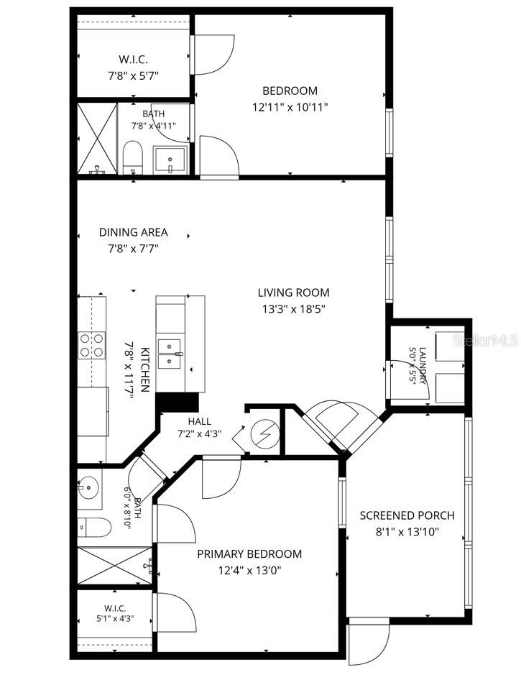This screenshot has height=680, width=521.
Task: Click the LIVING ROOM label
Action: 293,293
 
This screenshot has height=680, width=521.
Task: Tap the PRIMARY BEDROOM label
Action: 249,553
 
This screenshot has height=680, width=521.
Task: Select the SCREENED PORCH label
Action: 407,515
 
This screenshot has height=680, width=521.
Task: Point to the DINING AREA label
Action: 133,232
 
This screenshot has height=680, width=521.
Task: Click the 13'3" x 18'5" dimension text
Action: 293,309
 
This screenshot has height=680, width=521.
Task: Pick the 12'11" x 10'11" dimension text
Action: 290,107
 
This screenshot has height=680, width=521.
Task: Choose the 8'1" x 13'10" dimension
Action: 407,532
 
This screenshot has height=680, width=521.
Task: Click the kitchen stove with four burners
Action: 92,345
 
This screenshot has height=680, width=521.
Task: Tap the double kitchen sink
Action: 170,354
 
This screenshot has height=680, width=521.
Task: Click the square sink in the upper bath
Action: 170,160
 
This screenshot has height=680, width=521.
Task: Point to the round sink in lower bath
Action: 89,488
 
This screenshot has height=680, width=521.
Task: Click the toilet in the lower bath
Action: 94,527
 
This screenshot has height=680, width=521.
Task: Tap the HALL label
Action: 200,421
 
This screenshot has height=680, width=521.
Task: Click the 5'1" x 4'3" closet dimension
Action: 115,619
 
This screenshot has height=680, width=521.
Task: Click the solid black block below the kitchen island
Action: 177,402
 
